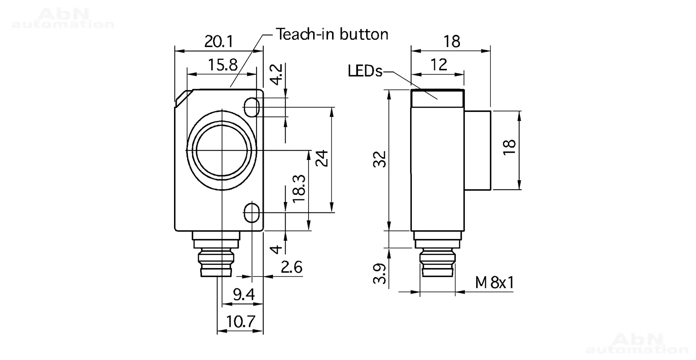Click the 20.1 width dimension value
pyautogui.click(x=218, y=42)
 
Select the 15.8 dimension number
pyautogui.click(x=222, y=65)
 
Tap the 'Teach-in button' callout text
pyautogui.click(x=332, y=34)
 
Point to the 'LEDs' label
pyautogui.click(x=365, y=71)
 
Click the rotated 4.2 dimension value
pyautogui.click(x=276, y=74)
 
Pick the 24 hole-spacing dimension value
pyautogui.click(x=322, y=158)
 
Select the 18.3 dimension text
pyautogui.click(x=299, y=188)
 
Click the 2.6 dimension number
pyautogui.click(x=291, y=268)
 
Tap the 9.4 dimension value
pyautogui.click(x=244, y=294)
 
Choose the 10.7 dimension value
pyautogui.click(x=241, y=322)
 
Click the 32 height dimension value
pyautogui.click(x=379, y=159)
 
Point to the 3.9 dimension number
pyautogui.click(x=379, y=274)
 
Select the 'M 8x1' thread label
pyautogui.click(x=495, y=283)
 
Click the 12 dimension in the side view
pyautogui.click(x=439, y=65)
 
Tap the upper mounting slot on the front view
pyautogui.click(x=251, y=107)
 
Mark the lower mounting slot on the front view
pyautogui.click(x=251, y=213)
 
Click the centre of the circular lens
pyautogui.click(x=222, y=150)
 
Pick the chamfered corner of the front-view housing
pyautogui.click(x=184, y=98)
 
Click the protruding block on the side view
pyautogui.click(x=478, y=150)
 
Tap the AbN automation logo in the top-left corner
pyautogui.click(x=63, y=18)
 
